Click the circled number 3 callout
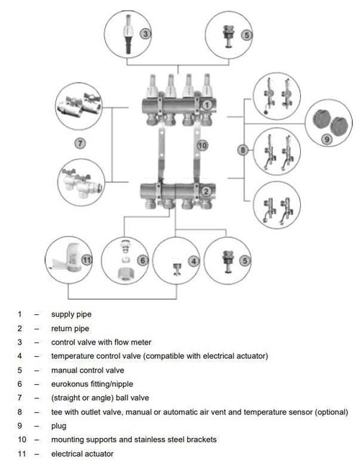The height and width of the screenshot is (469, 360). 145,34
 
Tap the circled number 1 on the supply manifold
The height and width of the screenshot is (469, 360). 207,105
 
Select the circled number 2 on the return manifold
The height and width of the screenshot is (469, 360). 206,191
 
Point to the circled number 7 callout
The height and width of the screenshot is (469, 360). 80,143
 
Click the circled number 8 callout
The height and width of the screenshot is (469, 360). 243,150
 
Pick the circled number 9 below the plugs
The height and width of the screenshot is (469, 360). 327,139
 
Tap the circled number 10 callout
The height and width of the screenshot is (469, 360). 202,146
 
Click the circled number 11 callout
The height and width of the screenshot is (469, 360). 87,260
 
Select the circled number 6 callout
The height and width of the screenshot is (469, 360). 143,260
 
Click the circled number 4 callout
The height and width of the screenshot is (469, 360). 194,261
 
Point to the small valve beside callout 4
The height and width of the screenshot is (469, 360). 176,268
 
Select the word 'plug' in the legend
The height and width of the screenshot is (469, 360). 59,426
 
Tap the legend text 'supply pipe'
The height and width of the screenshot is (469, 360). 71,314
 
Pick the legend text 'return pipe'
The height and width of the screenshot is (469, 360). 70,329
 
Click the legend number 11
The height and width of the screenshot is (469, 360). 22,454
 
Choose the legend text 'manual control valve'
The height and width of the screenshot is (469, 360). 87,370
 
